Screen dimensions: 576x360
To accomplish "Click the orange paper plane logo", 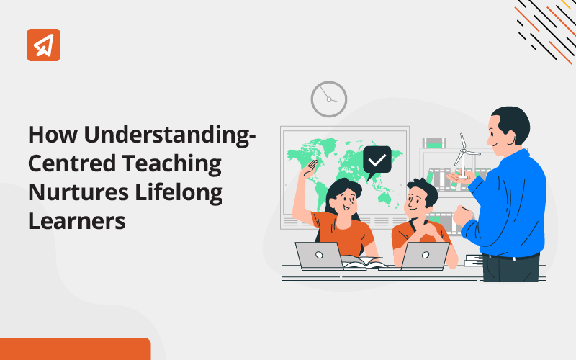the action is click(x=43, y=45).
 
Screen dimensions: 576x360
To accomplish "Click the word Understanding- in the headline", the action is click(x=170, y=135).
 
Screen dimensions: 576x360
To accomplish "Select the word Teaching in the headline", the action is click(x=172, y=164).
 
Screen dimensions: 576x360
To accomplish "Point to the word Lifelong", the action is click(x=179, y=193).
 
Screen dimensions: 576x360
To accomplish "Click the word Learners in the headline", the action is click(x=77, y=221).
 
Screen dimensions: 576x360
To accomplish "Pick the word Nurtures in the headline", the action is click(x=78, y=192).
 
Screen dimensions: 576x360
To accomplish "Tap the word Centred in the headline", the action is click(x=72, y=163).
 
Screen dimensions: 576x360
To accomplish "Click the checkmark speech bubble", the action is click(x=377, y=161).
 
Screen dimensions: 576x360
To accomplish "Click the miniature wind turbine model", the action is click(x=464, y=156).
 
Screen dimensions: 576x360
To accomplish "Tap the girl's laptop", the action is click(x=319, y=256).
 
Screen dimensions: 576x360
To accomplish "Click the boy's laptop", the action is click(x=425, y=256).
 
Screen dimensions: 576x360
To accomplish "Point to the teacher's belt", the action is click(x=511, y=256).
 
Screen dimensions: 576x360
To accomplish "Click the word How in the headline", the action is click(x=53, y=135).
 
